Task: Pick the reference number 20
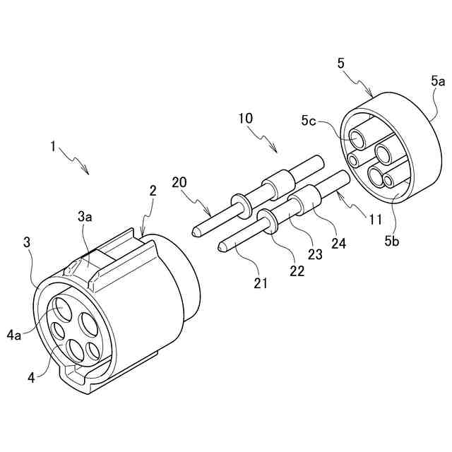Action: point(180,183)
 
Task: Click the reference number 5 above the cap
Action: point(341,63)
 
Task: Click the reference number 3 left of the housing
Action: point(27,242)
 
